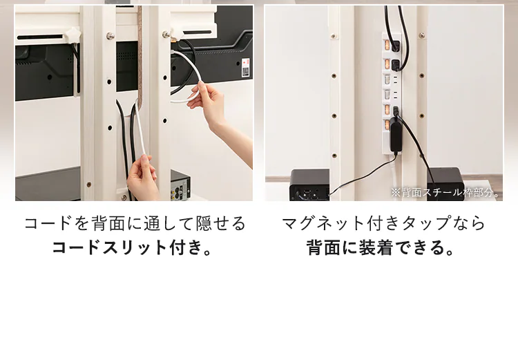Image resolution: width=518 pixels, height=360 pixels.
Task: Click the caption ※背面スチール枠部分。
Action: tap(445, 193)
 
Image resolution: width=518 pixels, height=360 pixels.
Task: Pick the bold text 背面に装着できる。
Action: tap(382, 247)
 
